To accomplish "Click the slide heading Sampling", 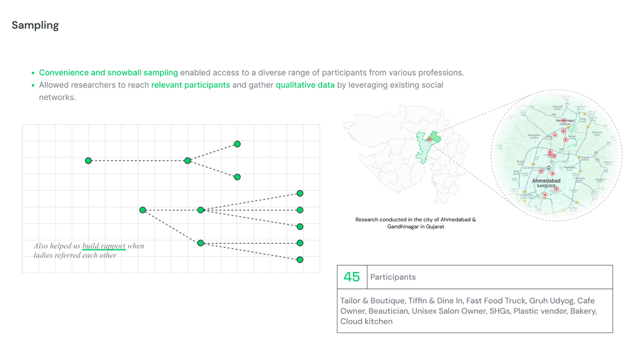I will pyautogui.click(x=35, y=26).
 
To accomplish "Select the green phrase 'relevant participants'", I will pyautogui.click(x=191, y=85).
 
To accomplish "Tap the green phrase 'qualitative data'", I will pyautogui.click(x=305, y=85).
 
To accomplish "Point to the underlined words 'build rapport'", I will pyautogui.click(x=104, y=246).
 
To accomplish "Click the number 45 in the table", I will pyautogui.click(x=352, y=277).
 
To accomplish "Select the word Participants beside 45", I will pyautogui.click(x=392, y=277).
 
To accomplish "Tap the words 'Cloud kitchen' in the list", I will pyautogui.click(x=366, y=321).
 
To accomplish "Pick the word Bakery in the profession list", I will pyautogui.click(x=582, y=311).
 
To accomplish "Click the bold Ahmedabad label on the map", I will pyautogui.click(x=546, y=181).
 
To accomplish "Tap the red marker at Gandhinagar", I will pyautogui.click(x=564, y=121).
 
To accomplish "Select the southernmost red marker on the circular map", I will pyautogui.click(x=545, y=195).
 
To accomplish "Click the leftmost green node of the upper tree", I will pyautogui.click(x=89, y=161).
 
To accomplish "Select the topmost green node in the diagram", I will pyautogui.click(x=237, y=144).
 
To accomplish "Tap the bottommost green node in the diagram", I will pyautogui.click(x=300, y=259).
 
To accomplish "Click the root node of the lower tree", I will pyautogui.click(x=142, y=210).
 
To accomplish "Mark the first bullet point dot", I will pyautogui.click(x=32, y=73).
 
